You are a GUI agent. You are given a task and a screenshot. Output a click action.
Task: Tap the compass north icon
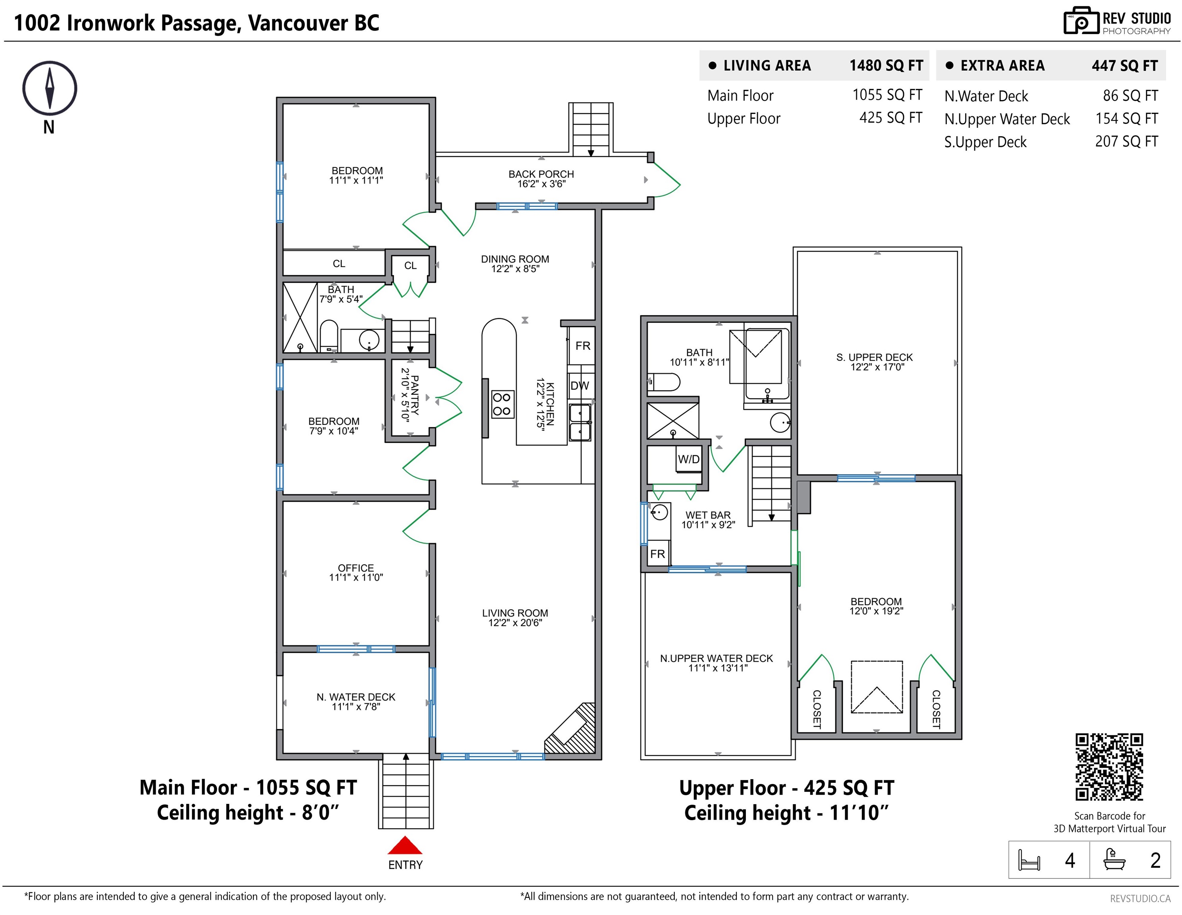click(x=49, y=88)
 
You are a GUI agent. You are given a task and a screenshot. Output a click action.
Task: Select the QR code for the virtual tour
click(x=1109, y=767)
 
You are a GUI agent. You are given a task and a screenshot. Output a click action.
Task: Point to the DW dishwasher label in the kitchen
click(x=579, y=386)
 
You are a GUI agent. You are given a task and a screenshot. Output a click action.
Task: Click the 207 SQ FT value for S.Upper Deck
click(x=1127, y=141)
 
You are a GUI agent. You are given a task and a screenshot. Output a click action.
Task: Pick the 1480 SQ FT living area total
click(x=886, y=66)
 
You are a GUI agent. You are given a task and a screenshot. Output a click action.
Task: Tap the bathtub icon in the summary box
click(x=1115, y=859)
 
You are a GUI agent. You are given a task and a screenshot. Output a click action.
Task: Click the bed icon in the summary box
click(x=1029, y=860)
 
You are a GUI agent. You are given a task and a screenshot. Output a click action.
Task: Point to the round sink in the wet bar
click(x=659, y=512)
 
